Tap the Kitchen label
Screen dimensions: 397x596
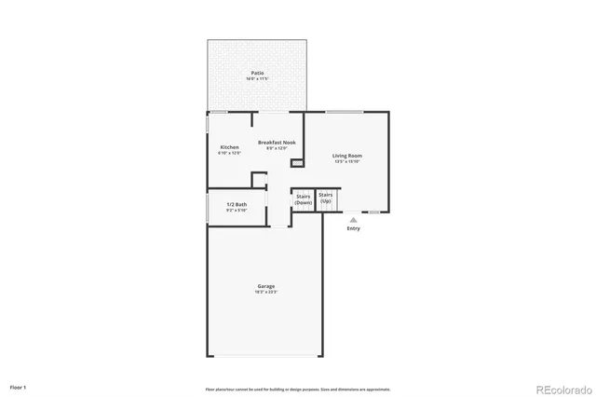point(229,147)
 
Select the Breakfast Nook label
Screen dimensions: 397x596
point(278,143)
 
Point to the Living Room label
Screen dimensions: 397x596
point(347,156)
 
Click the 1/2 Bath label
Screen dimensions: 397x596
point(237,204)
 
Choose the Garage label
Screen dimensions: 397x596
point(266,286)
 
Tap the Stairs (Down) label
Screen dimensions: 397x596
point(304,198)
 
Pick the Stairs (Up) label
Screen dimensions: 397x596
point(326,197)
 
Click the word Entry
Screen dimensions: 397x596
point(353,228)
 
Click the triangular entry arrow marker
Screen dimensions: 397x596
point(353,220)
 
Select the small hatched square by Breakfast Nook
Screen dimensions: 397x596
point(297,163)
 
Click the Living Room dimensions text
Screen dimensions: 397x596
point(347,162)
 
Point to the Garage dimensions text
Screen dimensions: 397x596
point(266,293)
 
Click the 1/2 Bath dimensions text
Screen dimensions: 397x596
point(237,211)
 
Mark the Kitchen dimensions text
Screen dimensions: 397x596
point(229,154)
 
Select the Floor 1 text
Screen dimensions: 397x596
point(19,386)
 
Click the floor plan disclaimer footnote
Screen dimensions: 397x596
point(298,390)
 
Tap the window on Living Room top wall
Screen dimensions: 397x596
point(345,112)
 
